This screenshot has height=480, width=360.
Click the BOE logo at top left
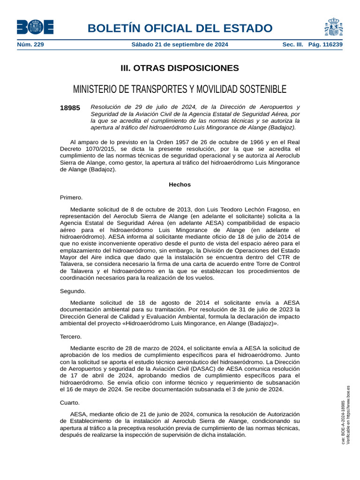(x=35, y=27)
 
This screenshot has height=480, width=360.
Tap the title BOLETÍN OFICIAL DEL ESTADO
(x=183, y=28)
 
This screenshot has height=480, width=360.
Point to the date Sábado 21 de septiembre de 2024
(x=180, y=45)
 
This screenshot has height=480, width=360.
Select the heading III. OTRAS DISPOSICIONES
(x=180, y=68)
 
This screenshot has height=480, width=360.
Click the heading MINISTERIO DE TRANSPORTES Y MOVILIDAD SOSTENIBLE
(x=180, y=89)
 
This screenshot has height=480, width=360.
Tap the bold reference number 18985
(x=70, y=108)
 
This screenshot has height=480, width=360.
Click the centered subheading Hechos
(x=180, y=185)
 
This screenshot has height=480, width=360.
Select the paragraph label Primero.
(x=71, y=197)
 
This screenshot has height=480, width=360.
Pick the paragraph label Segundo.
(x=73, y=291)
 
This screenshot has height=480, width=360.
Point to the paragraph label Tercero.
(x=71, y=337)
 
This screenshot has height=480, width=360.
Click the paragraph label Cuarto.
(x=70, y=403)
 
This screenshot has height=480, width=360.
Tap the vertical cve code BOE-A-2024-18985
(x=343, y=422)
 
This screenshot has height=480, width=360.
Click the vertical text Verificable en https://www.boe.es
(x=348, y=415)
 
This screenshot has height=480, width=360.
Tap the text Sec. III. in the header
(x=293, y=45)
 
